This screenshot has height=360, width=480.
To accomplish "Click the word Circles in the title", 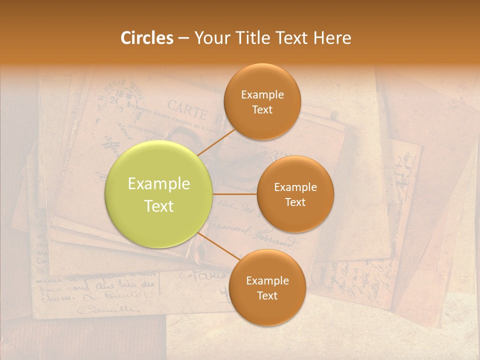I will pos(146,38).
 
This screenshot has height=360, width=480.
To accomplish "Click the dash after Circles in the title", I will pos(183,38).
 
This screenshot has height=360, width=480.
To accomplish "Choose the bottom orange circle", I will pos(267,287).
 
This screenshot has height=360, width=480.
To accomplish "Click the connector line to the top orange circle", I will pos(216,142).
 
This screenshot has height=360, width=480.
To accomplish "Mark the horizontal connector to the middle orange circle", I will pos(234,194).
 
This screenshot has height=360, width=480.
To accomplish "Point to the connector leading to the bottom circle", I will pos(217,247).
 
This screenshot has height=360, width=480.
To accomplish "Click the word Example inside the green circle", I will pos(159,184).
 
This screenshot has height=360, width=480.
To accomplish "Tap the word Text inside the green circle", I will pos(159,206).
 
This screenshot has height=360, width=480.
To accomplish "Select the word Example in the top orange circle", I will pos(262,94).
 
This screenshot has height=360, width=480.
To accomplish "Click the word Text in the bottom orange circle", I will pos(267,296).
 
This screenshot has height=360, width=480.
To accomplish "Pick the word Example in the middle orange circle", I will pos(295,187).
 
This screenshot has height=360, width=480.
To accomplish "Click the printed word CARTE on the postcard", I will pos(186,108).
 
